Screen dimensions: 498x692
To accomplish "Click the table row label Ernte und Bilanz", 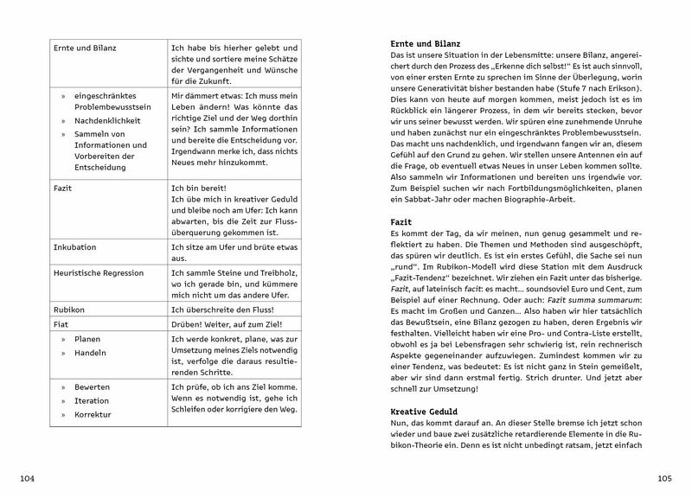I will point(84,47).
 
